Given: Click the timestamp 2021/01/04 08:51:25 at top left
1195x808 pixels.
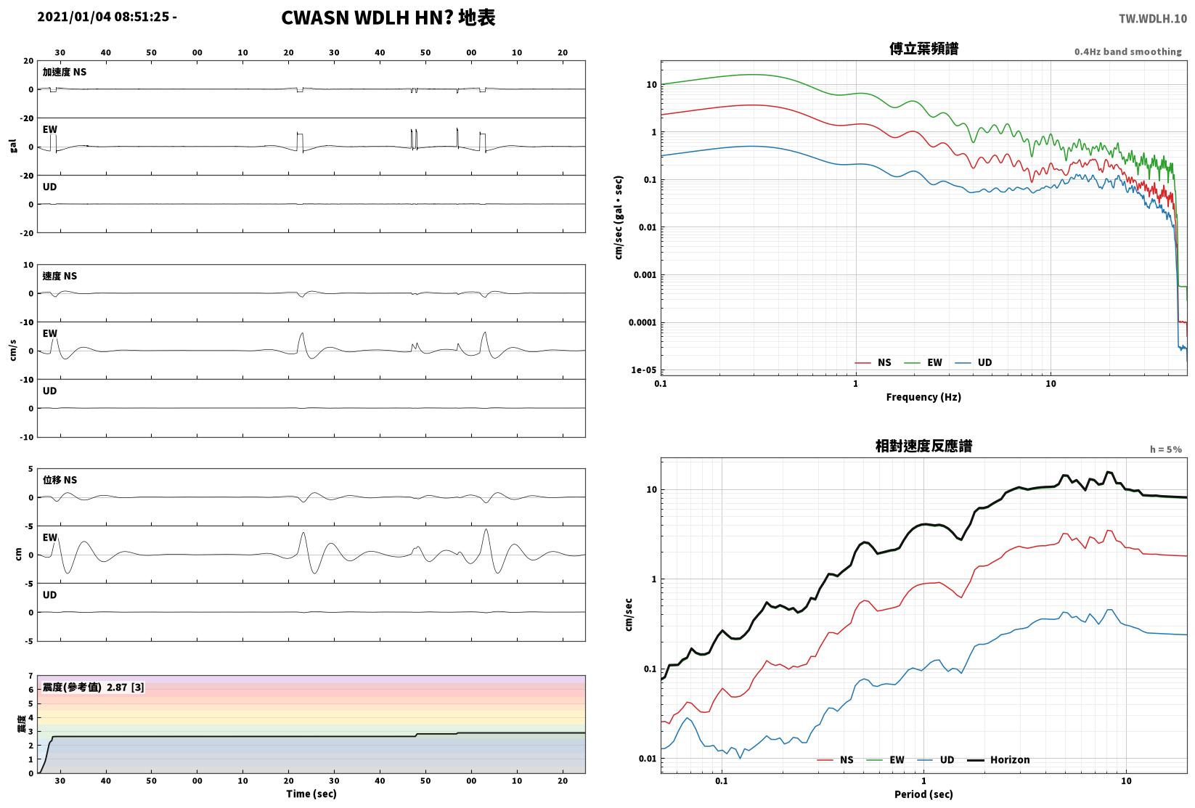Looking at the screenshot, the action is point(103,17).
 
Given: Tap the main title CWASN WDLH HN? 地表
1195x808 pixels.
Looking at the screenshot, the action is point(388,17).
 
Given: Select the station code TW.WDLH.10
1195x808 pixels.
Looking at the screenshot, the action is point(1153,19).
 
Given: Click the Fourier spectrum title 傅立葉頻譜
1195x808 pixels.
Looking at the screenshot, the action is point(923,49).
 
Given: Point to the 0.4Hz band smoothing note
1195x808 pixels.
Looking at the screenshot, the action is point(1127,52).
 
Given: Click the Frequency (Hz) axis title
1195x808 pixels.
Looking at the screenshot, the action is point(923,397).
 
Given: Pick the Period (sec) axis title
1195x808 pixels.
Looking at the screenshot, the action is point(923,794).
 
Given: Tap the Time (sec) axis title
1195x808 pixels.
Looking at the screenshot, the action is point(311,793).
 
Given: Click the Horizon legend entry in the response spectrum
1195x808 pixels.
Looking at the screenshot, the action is point(999,759).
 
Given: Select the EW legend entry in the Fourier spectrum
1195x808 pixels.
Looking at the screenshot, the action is point(923,363).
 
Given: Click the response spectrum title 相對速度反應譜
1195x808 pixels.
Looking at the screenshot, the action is point(923,446).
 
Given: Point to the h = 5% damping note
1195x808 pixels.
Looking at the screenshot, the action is point(1166,449).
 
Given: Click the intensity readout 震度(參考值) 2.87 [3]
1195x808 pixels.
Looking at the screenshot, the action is point(94,687).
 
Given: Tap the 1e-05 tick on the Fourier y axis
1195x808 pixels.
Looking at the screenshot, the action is point(643,370).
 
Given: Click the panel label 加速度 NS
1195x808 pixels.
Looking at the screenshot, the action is point(65,72).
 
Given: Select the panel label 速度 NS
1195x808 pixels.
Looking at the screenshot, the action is point(60,276).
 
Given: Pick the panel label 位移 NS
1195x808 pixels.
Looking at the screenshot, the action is point(60,480).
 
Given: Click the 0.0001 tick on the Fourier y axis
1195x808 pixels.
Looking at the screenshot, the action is point(643,322).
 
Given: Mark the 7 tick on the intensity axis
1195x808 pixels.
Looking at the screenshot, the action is point(31,676).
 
